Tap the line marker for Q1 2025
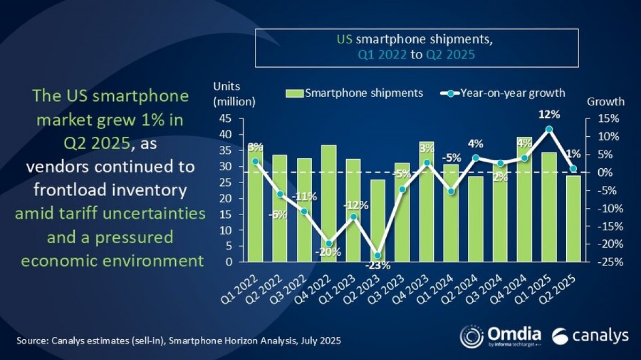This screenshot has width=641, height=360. [x=549, y=129]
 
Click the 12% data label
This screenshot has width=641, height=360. [x=549, y=114]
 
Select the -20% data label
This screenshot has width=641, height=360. [x=328, y=252]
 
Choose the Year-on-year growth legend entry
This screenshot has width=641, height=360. [x=502, y=93]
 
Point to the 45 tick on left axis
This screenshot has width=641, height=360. [x=225, y=119]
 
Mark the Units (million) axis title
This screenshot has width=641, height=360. [x=234, y=93]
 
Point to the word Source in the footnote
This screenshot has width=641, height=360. [x=31, y=340]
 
